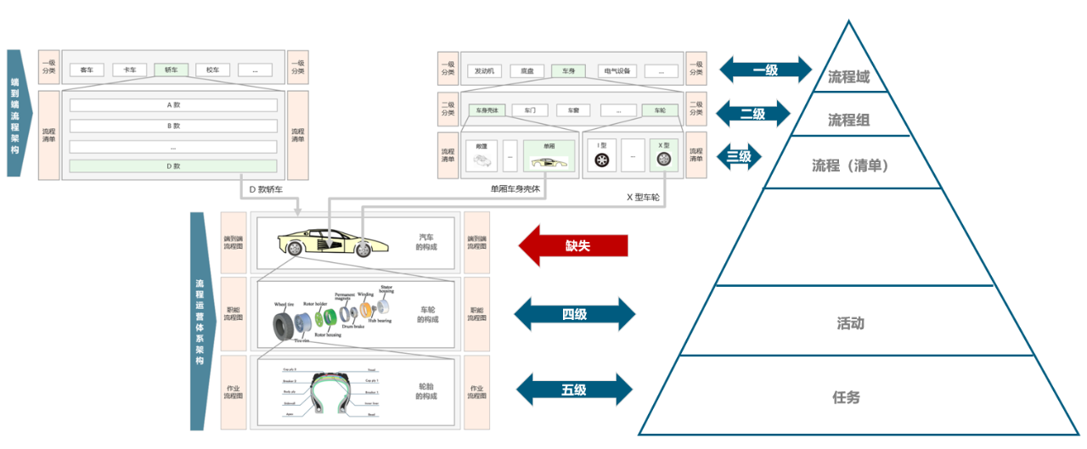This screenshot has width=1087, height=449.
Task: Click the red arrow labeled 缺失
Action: coord(573,246)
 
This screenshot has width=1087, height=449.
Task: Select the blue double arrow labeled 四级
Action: coord(574,314)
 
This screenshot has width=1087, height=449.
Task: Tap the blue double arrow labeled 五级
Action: coord(574,390)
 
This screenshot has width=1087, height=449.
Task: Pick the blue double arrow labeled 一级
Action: coord(765,70)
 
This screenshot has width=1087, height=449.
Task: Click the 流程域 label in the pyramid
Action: coord(848,77)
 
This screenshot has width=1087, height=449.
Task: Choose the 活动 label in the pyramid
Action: coord(850,323)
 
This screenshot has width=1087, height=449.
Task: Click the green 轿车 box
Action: coord(171,70)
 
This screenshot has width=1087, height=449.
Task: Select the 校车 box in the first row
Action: coord(212,70)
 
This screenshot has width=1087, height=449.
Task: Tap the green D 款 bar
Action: coord(173,166)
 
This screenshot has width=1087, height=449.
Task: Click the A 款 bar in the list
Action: coord(173,105)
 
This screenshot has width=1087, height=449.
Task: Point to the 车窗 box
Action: coord(573,110)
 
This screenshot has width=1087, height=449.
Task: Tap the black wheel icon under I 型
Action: coord(601,160)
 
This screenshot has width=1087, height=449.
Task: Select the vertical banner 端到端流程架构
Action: coord(16,112)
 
